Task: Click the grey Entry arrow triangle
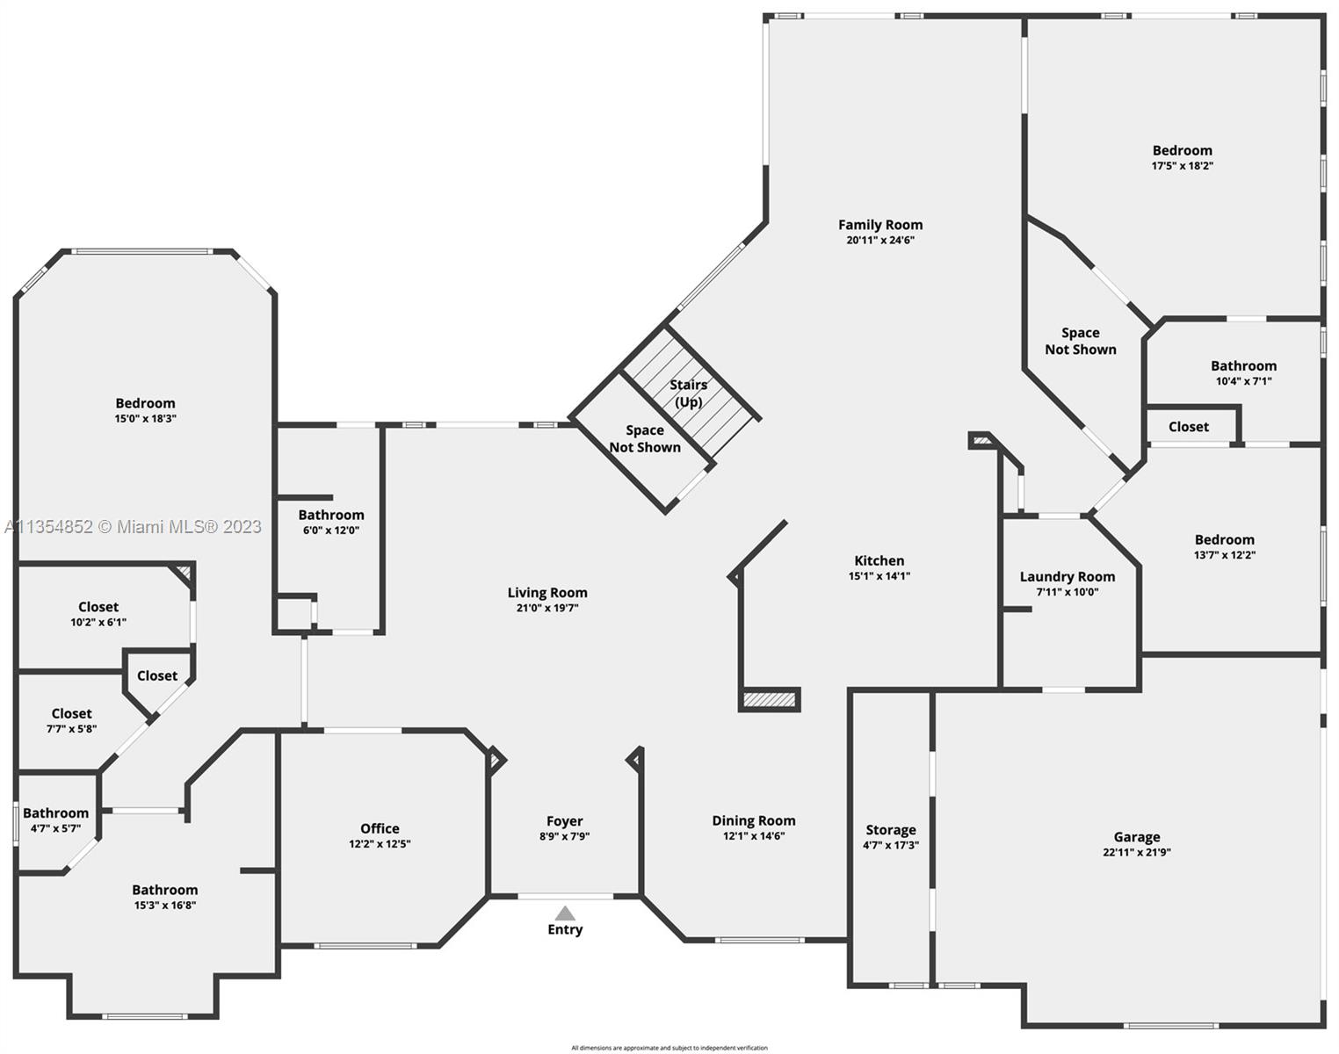(564, 913)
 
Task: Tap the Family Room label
(879, 225)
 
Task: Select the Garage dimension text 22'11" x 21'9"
(1137, 852)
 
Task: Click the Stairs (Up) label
(688, 393)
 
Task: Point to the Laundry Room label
(1068, 577)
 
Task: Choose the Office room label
(380, 828)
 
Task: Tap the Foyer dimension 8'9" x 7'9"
(564, 836)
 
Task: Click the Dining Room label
(754, 820)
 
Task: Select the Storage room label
(890, 830)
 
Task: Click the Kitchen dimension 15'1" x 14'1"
(879, 576)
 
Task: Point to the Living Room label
(546, 593)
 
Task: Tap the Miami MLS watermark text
(134, 527)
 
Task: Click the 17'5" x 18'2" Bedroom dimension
(1183, 165)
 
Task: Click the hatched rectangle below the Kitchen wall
(770, 700)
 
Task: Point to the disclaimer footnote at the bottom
(669, 1048)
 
